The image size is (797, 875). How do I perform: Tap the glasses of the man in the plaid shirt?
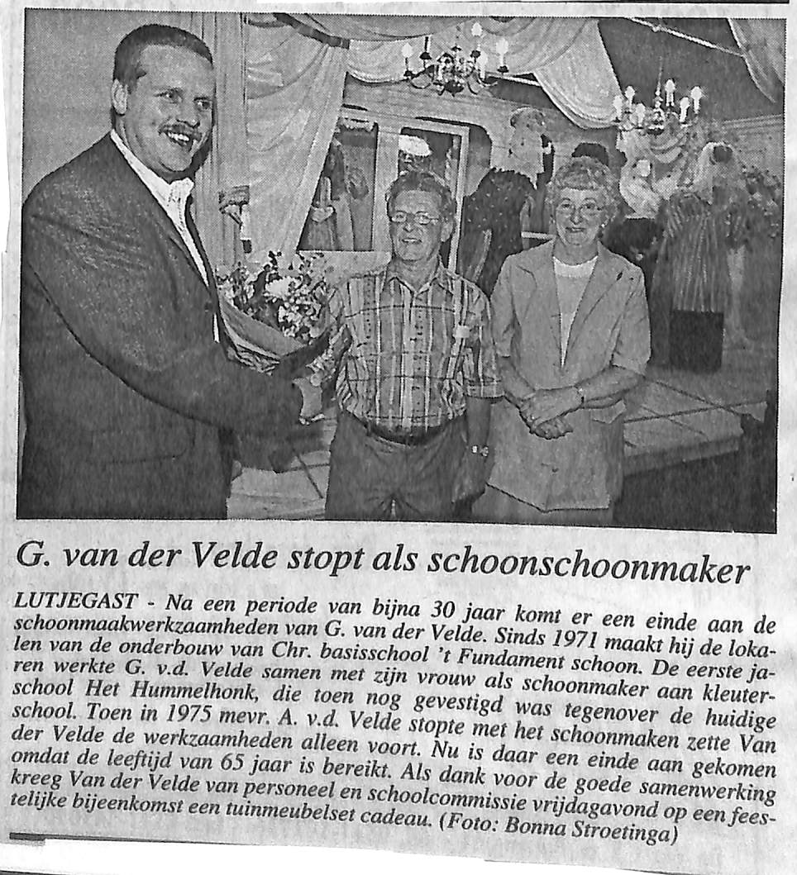point(414,218)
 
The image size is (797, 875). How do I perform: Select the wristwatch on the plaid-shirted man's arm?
point(478,450)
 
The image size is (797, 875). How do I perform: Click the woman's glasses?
point(579,208)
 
